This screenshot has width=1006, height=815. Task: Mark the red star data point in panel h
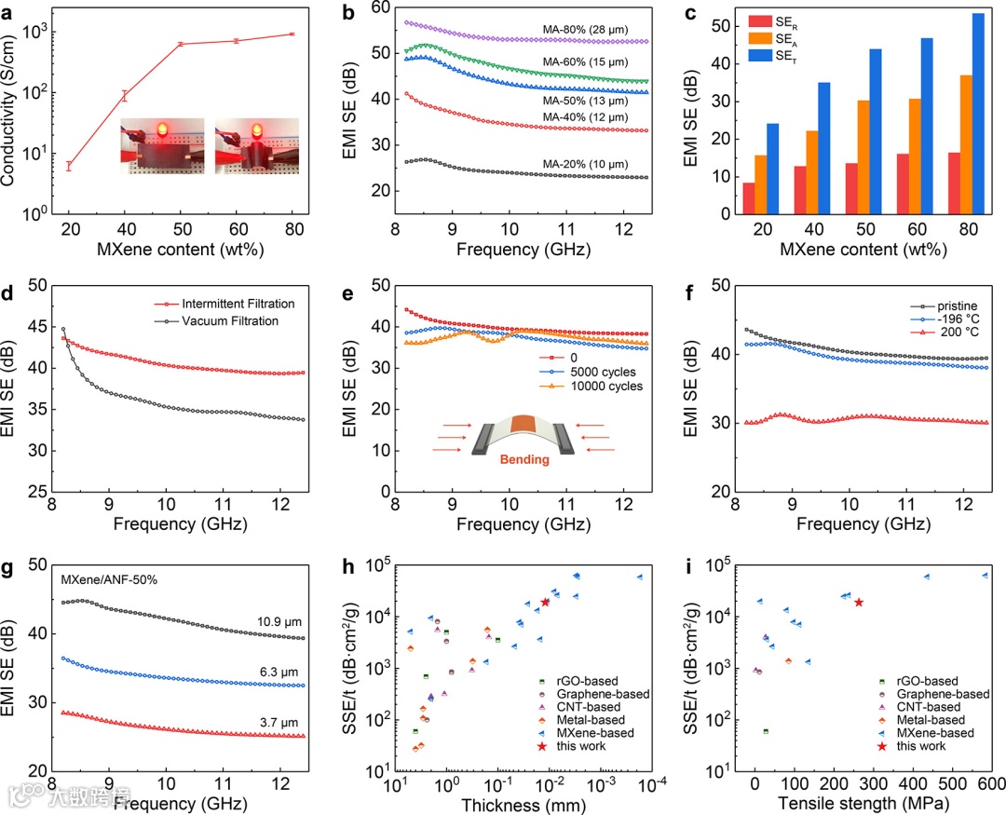(x=546, y=602)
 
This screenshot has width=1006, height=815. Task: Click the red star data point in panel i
(x=859, y=602)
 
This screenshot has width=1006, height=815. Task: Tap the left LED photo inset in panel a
(x=161, y=145)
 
